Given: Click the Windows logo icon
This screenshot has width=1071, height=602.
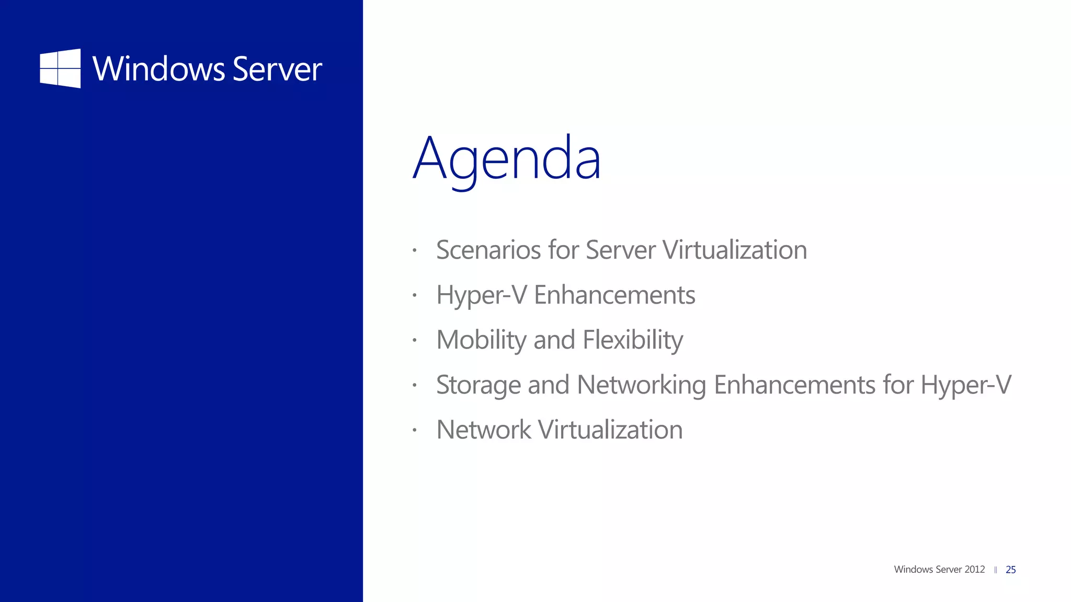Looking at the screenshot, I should (60, 68).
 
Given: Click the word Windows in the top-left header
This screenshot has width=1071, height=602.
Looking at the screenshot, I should (158, 69).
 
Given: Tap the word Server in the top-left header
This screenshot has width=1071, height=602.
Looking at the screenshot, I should (277, 69).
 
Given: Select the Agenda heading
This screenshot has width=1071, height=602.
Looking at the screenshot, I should (507, 158).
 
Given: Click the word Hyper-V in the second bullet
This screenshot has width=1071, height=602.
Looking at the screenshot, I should (481, 295).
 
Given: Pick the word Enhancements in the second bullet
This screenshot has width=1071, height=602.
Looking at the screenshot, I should (614, 295).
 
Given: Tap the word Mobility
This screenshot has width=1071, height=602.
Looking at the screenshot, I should (481, 340).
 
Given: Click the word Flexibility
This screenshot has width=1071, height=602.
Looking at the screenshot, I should (633, 340).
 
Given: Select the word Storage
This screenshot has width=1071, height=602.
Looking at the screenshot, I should (478, 385).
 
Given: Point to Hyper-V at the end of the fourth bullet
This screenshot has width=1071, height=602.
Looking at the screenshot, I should (966, 385).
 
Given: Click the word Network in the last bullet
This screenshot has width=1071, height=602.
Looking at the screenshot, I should (484, 430).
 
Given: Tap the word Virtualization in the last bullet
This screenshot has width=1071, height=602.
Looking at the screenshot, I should (610, 430).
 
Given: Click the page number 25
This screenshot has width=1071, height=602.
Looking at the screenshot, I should (1011, 570).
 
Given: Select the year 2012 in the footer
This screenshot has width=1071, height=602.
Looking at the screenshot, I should (975, 569).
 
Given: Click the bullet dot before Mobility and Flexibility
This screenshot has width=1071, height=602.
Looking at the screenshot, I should (414, 340).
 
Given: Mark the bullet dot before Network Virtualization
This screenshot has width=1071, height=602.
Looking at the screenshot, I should (414, 431).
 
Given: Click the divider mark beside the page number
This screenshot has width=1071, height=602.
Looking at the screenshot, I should (995, 570).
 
